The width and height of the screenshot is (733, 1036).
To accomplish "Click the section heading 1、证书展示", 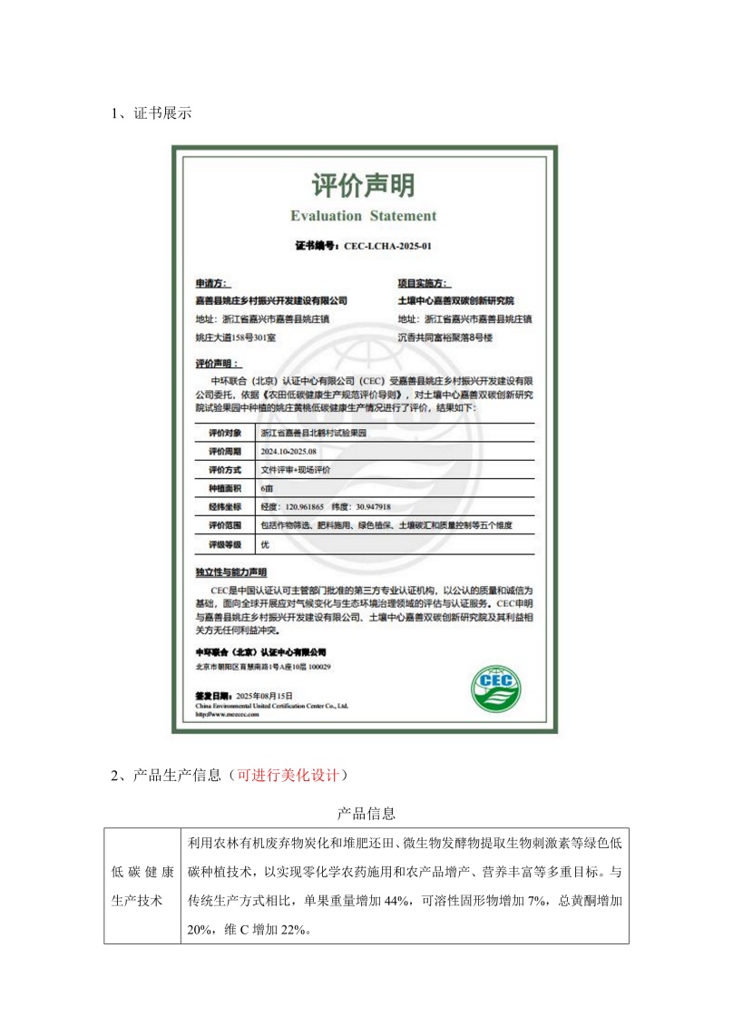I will tap(151, 114).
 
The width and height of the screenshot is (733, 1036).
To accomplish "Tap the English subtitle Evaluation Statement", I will tap(363, 216).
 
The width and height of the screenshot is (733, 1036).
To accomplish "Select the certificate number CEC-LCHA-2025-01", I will tap(393, 246).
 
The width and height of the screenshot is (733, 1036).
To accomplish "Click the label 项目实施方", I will tap(425, 283).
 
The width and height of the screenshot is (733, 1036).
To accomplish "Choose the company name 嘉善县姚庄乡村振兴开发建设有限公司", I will tap(271, 299).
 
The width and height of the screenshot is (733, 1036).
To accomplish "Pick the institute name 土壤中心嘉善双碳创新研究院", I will tap(456, 299).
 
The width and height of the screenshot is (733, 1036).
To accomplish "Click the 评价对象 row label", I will tap(225, 433).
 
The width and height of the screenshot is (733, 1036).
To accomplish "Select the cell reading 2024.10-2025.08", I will tap(288, 451).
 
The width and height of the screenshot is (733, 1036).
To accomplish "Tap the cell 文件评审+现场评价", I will tap(296, 470).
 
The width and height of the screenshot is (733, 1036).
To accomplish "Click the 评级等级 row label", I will tap(225, 544).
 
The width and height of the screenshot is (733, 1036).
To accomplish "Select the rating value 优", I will tap(265, 544).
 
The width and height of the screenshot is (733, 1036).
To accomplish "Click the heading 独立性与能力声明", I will tap(231, 572).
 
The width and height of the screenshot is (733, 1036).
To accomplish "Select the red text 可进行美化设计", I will tap(287, 776).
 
